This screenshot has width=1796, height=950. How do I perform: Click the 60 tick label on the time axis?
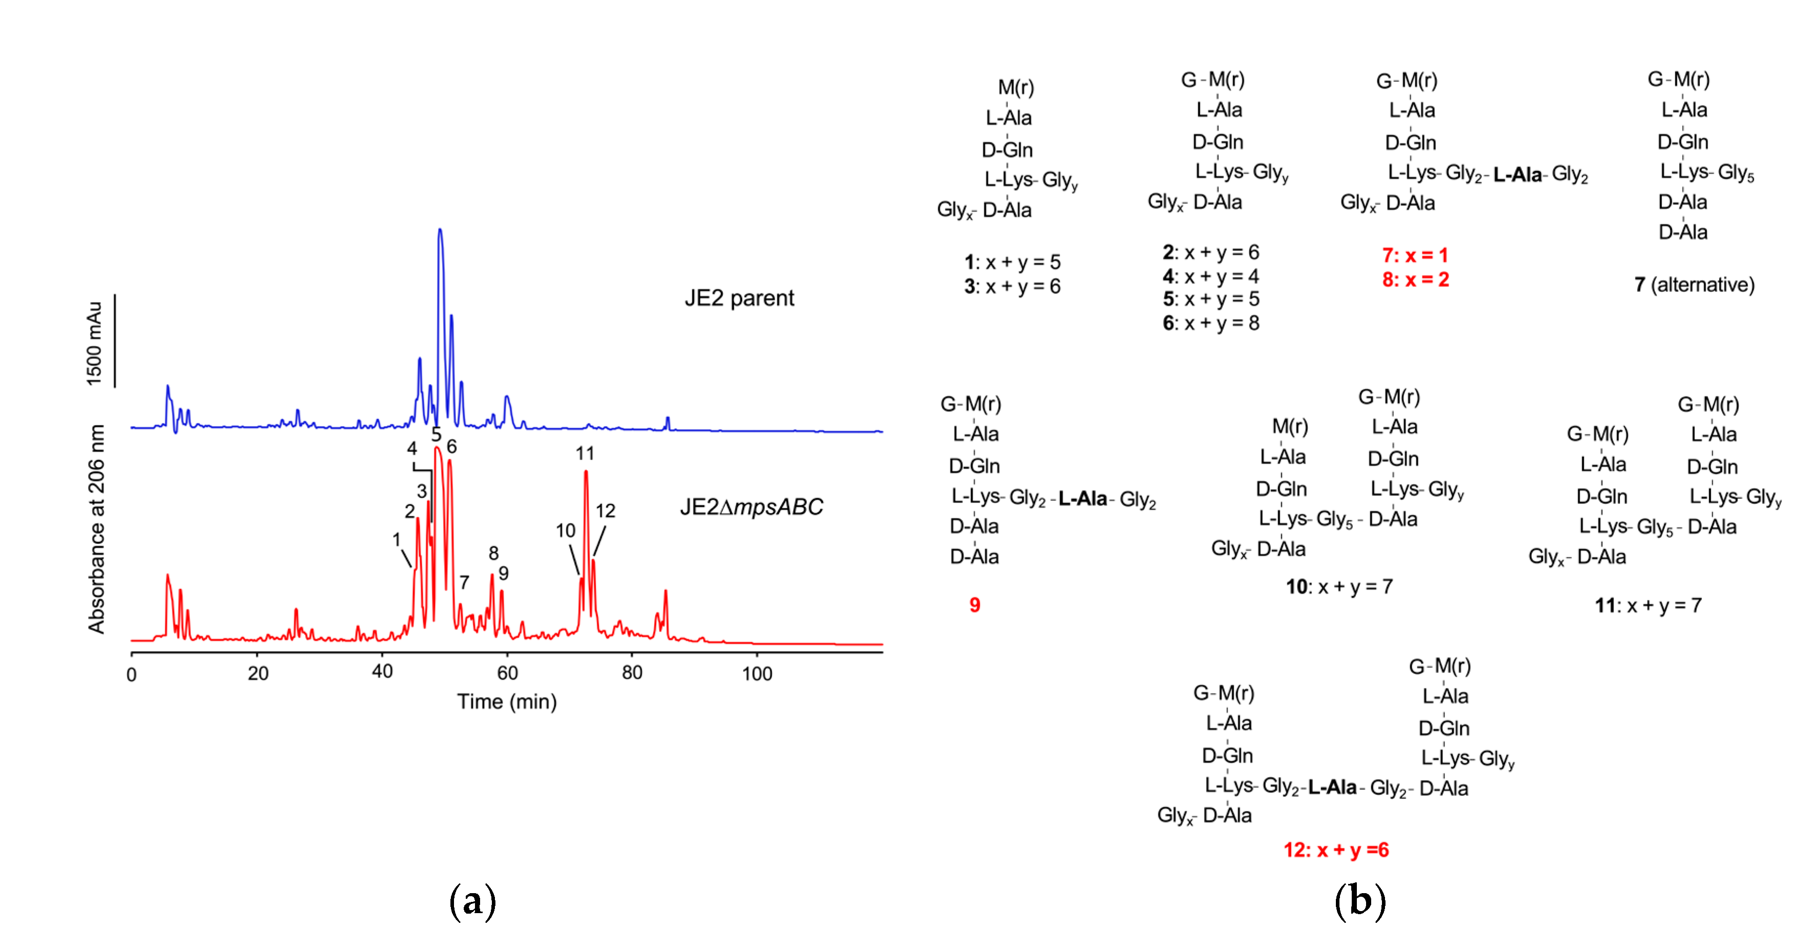[x=507, y=673]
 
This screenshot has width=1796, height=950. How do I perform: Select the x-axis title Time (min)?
[x=507, y=702]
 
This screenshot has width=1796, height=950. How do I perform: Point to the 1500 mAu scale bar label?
[x=94, y=343]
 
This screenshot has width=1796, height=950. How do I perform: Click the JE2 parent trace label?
[x=739, y=299]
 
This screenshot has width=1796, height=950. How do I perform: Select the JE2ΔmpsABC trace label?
[x=751, y=507]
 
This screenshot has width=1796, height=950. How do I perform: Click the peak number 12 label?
[x=605, y=511]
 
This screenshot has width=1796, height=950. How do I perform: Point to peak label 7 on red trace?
[x=464, y=582]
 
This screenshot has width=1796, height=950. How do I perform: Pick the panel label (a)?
[x=473, y=901]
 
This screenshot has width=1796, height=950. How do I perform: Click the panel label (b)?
[x=1359, y=901]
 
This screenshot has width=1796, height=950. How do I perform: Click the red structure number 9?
[x=975, y=605]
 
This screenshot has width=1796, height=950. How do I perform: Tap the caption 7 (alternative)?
[x=1694, y=285]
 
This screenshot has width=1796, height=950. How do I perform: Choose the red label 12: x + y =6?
[x=1336, y=850]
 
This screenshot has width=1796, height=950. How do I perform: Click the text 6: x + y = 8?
[x=1211, y=324]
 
